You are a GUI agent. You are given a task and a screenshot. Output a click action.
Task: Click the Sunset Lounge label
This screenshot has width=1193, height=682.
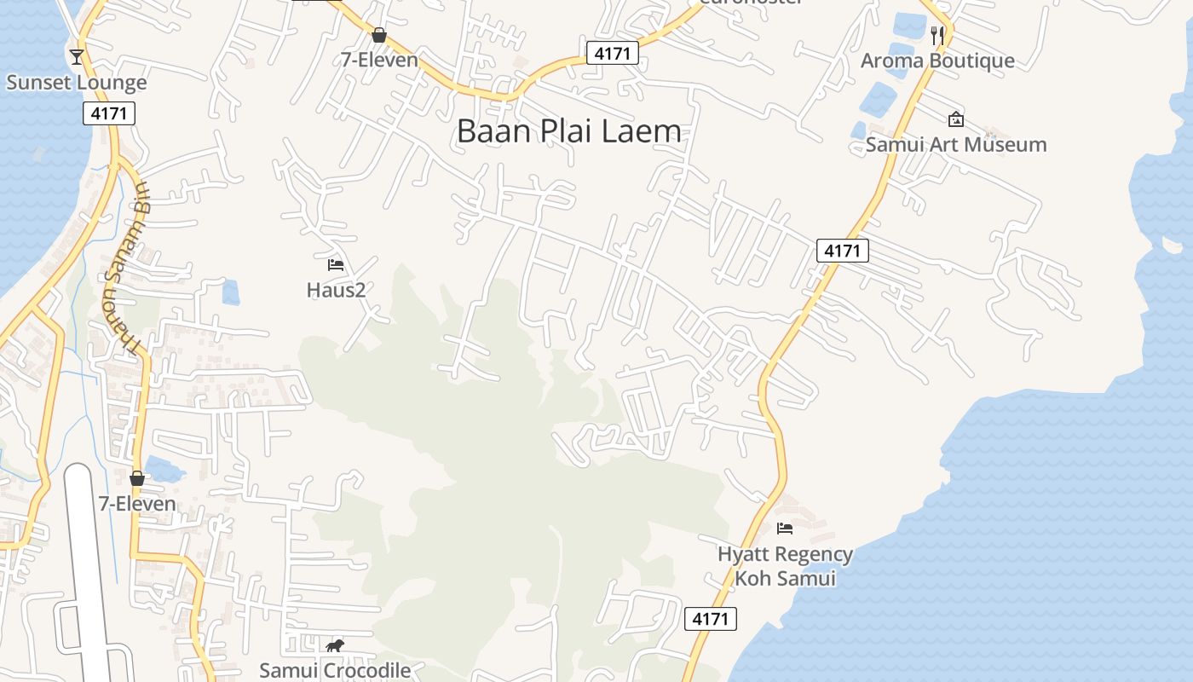pos(77,83)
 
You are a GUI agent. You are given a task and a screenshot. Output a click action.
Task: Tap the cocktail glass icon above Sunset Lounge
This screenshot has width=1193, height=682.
pos(77,57)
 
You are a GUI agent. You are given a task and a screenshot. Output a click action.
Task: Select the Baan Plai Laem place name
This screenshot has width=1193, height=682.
pos(569,131)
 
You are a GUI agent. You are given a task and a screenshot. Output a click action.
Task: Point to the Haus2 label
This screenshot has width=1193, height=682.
pos(336,290)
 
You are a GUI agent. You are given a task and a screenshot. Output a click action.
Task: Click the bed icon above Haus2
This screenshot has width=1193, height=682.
pos(336,265)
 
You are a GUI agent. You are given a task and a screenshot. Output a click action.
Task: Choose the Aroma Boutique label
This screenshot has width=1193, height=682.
pos(937,61)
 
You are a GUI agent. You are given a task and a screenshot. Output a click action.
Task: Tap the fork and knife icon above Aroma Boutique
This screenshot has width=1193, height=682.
pos(937,35)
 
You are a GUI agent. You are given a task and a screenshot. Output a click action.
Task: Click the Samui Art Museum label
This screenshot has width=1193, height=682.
pos(956,144)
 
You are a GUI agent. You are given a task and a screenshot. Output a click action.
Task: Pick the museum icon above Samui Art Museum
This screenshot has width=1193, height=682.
pos(955,119)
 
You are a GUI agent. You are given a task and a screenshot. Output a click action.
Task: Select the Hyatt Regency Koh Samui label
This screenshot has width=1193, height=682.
pos(785,566)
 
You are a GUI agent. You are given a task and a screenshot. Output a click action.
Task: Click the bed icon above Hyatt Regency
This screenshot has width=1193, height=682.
pos(785,529)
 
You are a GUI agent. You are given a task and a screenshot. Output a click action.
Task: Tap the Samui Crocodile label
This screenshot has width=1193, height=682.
pos(335,671)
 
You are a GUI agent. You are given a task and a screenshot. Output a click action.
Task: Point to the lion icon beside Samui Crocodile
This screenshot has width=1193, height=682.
pos(335,646)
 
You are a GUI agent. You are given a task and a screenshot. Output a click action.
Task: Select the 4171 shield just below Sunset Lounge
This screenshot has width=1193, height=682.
pos(109,113)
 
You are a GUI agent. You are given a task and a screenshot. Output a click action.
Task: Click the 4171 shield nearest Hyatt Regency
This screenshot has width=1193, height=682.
pos(710,618)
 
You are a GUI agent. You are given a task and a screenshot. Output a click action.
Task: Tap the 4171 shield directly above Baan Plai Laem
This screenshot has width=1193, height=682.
pos(612,54)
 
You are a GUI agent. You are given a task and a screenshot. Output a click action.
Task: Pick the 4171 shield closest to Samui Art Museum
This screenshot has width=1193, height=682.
pos(842,251)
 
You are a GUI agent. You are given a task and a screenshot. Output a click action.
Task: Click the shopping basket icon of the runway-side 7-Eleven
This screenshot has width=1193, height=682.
pos(136,478)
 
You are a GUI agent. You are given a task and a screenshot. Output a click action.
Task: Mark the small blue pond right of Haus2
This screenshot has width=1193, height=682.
pos(230,292)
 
